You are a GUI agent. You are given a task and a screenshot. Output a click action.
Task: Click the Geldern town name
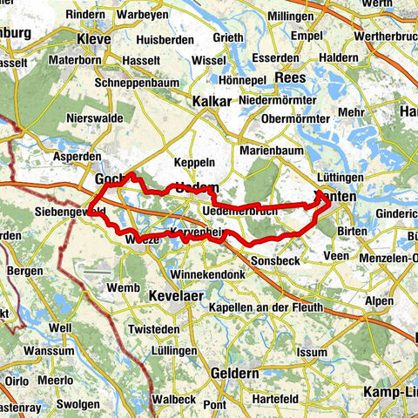click(x=234, y=373)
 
